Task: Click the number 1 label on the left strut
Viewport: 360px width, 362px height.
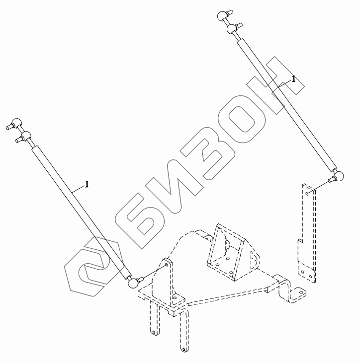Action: (x=87, y=184)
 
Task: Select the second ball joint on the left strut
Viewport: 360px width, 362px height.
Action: (x=25, y=135)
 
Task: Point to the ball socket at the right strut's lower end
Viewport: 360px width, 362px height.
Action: (x=340, y=175)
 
